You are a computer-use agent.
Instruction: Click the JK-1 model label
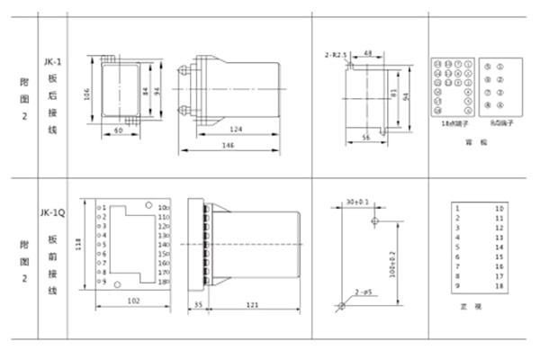(52, 62)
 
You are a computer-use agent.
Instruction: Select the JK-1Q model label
(52, 213)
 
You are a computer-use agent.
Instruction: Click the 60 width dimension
(117, 130)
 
